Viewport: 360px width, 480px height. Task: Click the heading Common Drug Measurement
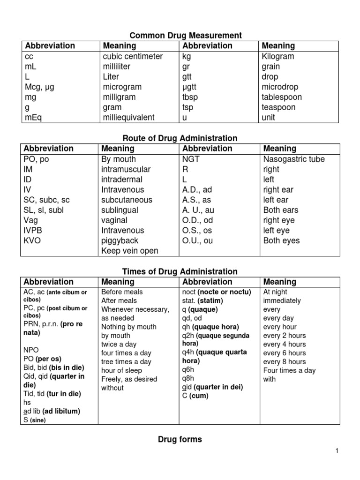[x=186, y=35]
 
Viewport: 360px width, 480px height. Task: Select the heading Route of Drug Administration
[x=180, y=138]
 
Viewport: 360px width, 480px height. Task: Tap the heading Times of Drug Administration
[x=180, y=271]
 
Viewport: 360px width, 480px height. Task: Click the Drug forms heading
[x=180, y=439]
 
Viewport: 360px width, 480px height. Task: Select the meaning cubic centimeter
[x=133, y=56]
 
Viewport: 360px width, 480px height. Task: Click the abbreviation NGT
[x=191, y=159]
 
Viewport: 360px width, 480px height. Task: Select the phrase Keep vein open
[x=130, y=251]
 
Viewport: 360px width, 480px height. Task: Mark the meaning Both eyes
[x=281, y=240]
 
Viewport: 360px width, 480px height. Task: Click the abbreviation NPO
[x=31, y=350]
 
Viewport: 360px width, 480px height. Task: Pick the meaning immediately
[x=282, y=300]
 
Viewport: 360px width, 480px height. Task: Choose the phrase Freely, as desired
[x=129, y=379]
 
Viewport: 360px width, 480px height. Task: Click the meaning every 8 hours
[x=285, y=361]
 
